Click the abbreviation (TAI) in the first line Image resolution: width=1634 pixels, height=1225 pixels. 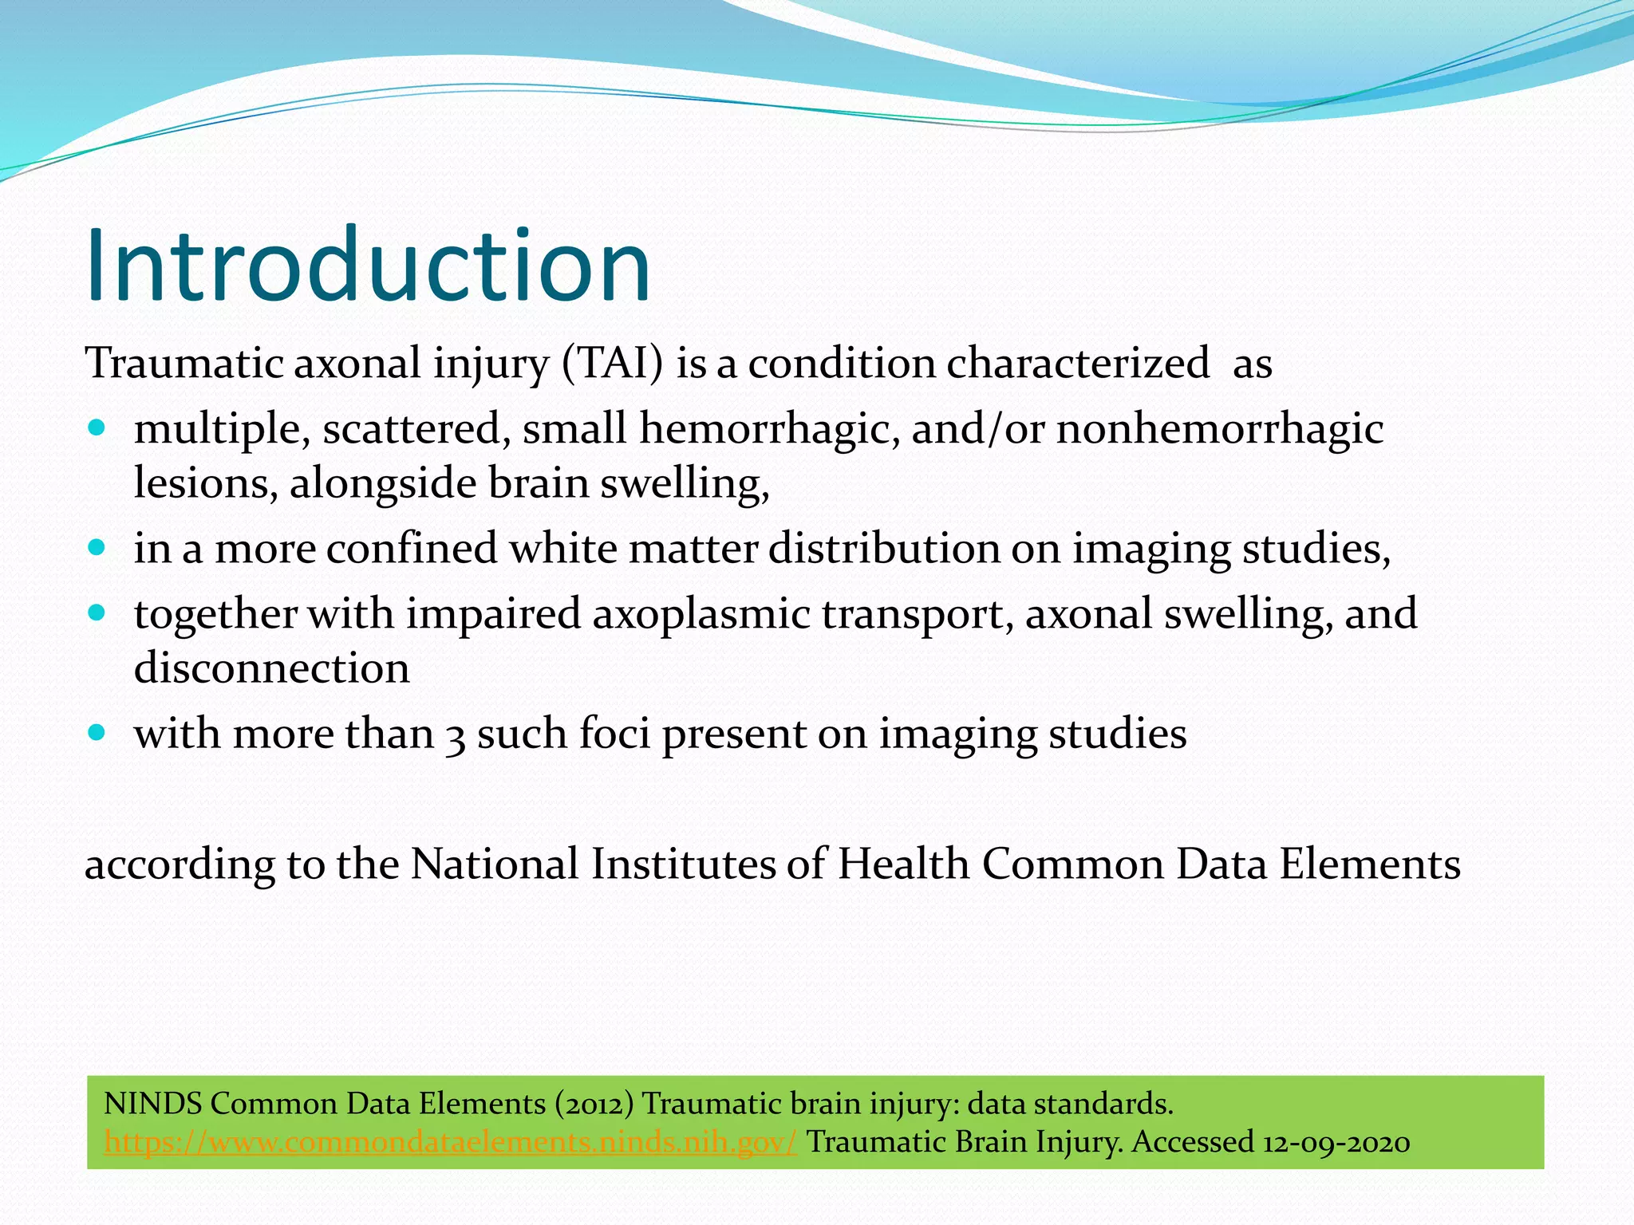(x=612, y=363)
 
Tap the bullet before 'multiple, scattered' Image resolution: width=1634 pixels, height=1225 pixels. (x=97, y=428)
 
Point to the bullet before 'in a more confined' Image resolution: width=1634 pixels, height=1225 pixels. (x=97, y=549)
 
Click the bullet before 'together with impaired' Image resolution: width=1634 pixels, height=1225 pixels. (x=97, y=613)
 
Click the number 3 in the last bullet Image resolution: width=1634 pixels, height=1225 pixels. (x=456, y=735)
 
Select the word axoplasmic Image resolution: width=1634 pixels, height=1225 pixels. (x=701, y=614)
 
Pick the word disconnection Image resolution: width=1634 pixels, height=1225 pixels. (x=271, y=668)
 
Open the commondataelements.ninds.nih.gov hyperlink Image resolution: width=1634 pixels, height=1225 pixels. (x=450, y=1142)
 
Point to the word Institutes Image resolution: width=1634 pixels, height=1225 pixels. (x=683, y=864)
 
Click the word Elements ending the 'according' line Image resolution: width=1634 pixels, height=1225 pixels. (x=1370, y=864)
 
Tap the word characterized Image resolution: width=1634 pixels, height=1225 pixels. (x=1078, y=363)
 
